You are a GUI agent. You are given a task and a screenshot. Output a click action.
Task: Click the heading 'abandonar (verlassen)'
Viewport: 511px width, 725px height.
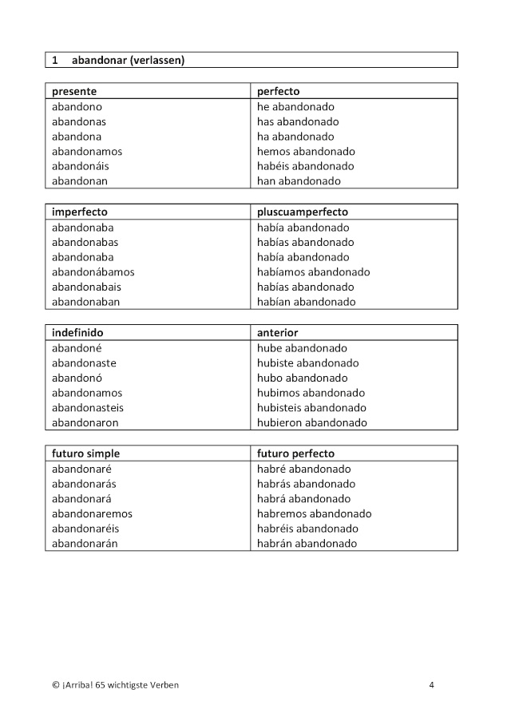point(128,60)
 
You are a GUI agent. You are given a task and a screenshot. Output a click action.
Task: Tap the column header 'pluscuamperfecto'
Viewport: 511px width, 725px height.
point(303,212)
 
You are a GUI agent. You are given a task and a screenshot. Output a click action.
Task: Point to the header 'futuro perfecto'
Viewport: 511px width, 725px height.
point(295,453)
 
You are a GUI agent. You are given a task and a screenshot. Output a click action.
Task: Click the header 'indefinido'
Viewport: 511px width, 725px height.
point(77,332)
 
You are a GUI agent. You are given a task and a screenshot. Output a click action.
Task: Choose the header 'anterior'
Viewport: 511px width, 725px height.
point(277,332)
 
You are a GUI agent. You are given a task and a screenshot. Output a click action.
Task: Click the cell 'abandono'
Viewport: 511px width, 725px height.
point(77,106)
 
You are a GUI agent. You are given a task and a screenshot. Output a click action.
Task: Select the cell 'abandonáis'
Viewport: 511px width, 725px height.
point(80,166)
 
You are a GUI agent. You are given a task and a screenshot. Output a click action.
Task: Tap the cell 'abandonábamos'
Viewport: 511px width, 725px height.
point(93,271)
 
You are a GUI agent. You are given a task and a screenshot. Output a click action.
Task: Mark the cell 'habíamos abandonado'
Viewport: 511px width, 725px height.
point(313,271)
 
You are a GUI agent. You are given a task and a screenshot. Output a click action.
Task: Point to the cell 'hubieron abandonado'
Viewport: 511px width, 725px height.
point(312,422)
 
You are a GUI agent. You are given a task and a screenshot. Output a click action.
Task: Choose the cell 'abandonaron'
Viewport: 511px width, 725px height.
point(85,422)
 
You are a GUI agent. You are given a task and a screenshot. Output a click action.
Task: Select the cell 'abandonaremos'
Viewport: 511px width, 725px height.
point(92,513)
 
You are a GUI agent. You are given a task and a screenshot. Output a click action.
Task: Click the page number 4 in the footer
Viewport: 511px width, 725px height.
point(431,684)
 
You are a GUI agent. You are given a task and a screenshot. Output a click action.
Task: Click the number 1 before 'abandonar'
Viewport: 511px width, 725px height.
point(55,60)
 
